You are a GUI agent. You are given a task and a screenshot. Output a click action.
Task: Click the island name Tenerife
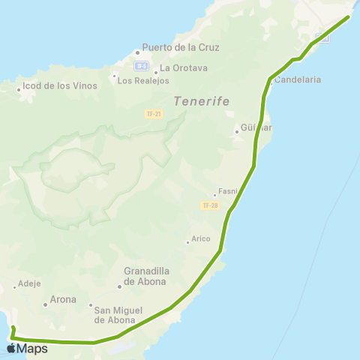coord(200,100)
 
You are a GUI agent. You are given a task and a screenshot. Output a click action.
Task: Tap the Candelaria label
coord(298,79)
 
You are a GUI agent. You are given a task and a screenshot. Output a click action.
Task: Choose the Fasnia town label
coord(227,191)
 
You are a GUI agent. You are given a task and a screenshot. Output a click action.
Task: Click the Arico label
coord(201,240)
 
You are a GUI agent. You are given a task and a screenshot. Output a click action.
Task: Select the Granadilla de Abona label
coord(148,277)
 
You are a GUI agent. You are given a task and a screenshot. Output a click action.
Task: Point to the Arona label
coord(63,299)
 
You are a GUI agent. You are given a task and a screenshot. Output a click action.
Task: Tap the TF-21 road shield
coord(152,113)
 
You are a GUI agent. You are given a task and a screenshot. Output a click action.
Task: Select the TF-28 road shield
coord(209,205)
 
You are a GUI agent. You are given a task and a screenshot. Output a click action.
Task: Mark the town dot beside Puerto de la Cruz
coord(137,52)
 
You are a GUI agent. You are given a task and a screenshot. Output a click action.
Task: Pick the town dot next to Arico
coord(187,241)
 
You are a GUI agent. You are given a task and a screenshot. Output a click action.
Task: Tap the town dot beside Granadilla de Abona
coord(118,286)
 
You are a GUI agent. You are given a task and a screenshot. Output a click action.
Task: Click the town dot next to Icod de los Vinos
coord(19,90)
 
